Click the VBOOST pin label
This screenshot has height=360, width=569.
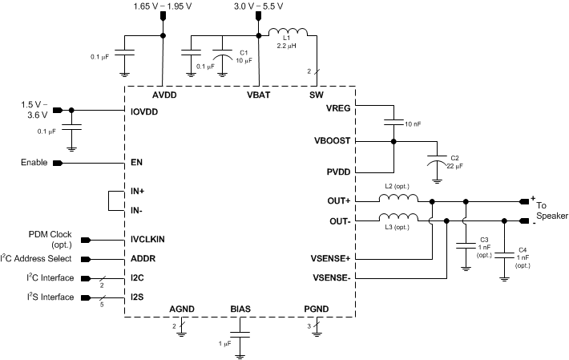(331, 140)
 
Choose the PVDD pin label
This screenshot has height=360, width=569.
(337, 172)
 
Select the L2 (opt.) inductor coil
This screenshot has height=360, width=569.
(398, 200)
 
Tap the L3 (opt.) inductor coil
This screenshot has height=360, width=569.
(398, 217)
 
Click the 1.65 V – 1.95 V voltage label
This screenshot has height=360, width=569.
(163, 6)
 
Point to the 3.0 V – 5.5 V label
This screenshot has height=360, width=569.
(258, 6)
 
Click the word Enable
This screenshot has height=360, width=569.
(37, 163)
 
